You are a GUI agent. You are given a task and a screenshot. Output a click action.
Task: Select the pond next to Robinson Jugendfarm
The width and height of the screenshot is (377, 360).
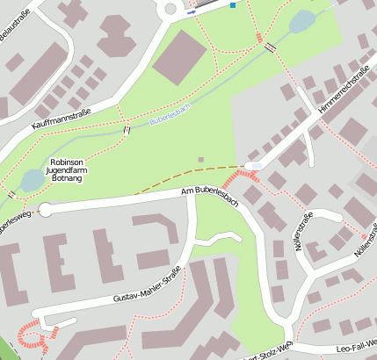point(33,180)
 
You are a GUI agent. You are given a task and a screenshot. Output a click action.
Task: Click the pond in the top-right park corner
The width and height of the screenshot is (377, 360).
point(302,20)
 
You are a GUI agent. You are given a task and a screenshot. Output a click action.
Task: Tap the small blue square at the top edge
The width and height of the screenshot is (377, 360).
point(233,5)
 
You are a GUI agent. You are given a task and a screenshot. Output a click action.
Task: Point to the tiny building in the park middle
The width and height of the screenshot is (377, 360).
point(201,160)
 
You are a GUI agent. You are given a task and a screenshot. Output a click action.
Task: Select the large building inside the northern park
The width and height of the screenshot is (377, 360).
point(180,56)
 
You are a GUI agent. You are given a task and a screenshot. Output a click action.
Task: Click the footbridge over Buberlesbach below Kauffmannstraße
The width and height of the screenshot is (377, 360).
point(128,130)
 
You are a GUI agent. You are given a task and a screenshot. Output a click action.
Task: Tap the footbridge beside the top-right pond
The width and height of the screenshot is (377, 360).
point(271,47)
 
